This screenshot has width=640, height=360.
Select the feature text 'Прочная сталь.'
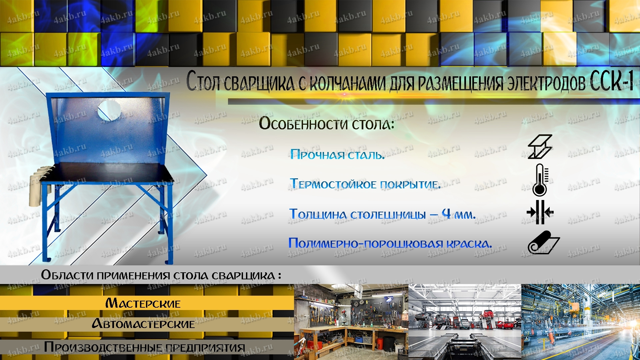click(x=337, y=154)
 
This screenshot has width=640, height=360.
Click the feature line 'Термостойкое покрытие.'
click(x=365, y=184)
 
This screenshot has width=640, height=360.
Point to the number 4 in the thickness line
click(x=446, y=213)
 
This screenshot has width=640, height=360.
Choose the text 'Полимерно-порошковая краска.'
click(x=390, y=243)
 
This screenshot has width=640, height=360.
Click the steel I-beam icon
click(x=540, y=146)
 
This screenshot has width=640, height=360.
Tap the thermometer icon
click(x=540, y=180)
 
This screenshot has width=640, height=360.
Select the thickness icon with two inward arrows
click(x=540, y=212)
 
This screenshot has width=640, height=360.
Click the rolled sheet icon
click(x=543, y=243)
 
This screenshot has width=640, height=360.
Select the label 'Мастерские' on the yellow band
click(x=143, y=303)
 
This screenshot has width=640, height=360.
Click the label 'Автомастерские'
click(x=143, y=324)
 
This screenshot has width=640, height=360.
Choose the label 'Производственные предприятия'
click(x=144, y=347)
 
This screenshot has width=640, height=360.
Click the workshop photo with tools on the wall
click(x=351, y=322)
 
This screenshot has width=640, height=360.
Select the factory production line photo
click(x=581, y=322)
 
